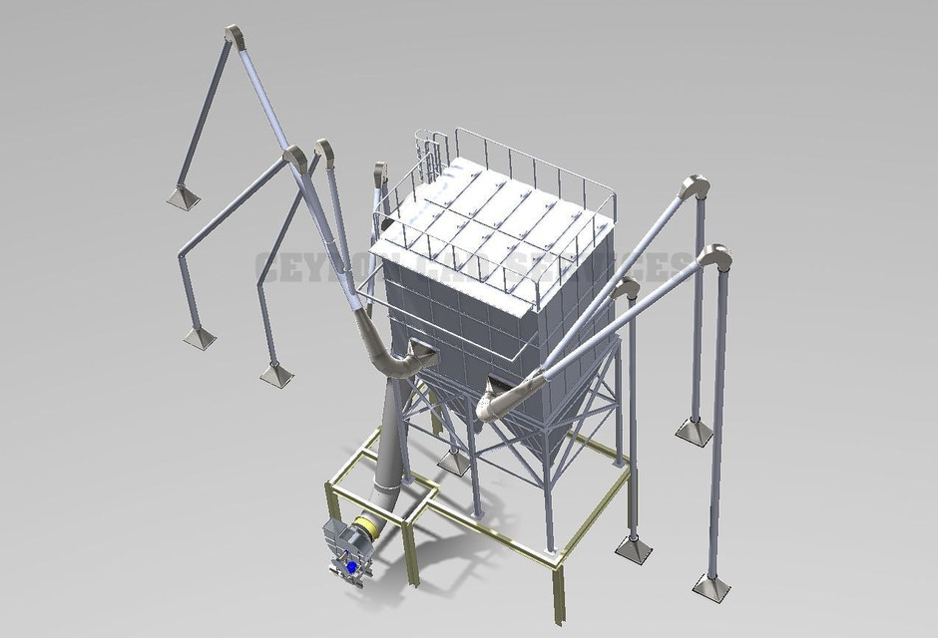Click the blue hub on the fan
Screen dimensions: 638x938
coord(351,566)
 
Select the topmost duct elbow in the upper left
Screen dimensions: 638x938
coord(234,36)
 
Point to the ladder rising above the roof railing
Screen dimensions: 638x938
coord(431,150)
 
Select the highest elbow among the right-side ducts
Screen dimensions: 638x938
coord(694,189)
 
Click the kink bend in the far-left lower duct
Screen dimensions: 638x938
coord(183,254)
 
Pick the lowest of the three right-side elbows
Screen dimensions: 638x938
coord(627,291)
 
